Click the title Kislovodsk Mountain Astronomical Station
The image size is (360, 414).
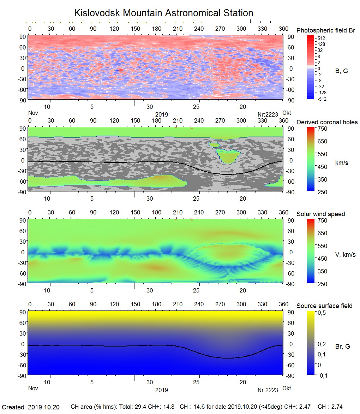point(163,13)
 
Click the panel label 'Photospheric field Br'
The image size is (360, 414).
point(325,30)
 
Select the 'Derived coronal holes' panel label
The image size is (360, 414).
point(327,122)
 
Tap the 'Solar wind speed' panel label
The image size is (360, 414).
point(320,214)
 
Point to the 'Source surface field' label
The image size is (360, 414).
point(324,306)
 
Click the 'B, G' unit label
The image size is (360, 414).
point(341,71)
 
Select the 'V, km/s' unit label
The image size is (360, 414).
point(345,255)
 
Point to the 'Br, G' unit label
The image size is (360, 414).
point(342,347)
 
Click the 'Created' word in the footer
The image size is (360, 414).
point(13,407)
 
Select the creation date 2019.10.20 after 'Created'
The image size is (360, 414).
point(44,407)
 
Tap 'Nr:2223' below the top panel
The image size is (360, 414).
point(268,114)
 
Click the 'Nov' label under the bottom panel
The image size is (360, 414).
point(33,388)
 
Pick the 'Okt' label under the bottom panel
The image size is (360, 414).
point(287,388)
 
